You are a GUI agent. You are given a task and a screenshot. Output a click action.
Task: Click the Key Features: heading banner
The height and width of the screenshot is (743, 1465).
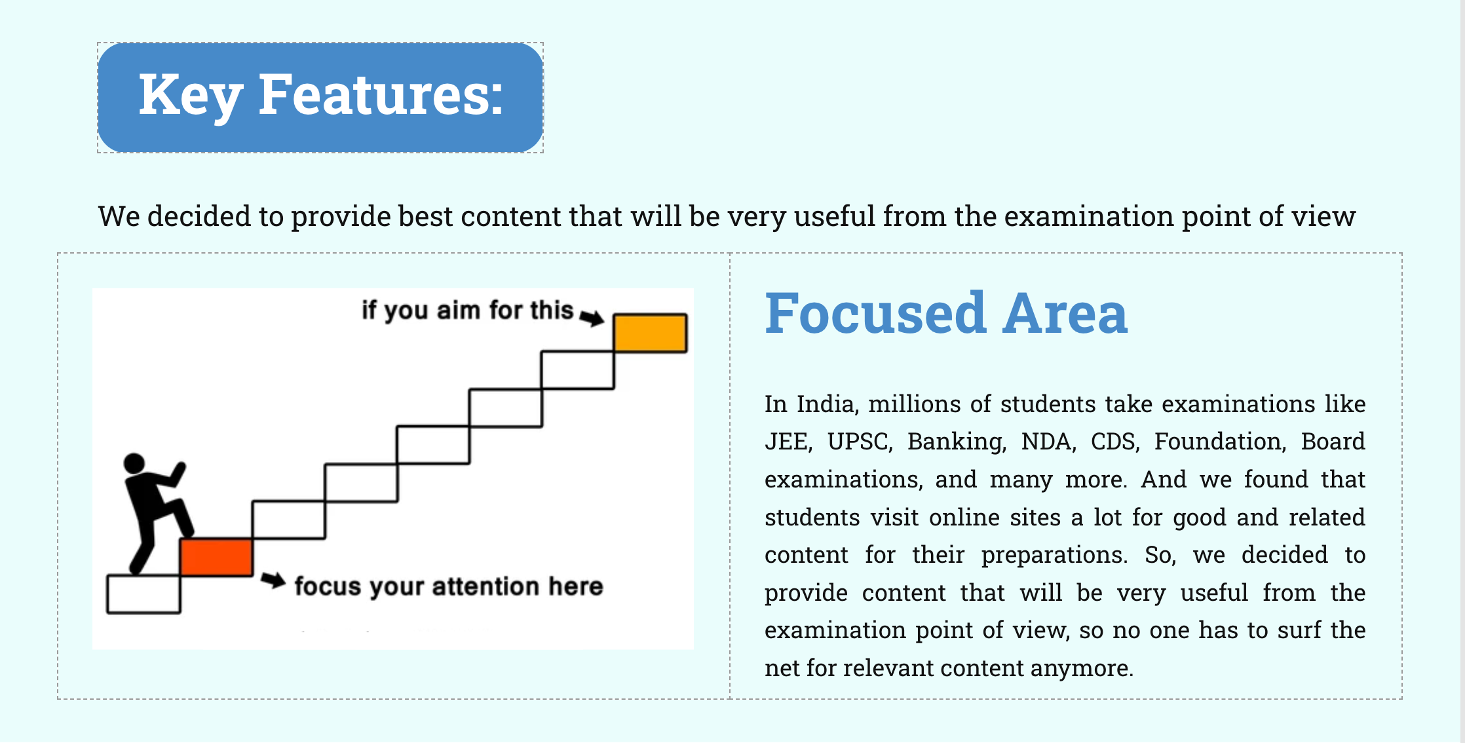tap(320, 98)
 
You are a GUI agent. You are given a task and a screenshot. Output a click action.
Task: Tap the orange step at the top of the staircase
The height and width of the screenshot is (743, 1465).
tap(650, 333)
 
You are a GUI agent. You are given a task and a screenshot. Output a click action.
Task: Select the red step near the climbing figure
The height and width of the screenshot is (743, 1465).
tap(216, 558)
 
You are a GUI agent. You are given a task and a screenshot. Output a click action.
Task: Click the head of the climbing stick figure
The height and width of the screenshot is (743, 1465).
tap(134, 463)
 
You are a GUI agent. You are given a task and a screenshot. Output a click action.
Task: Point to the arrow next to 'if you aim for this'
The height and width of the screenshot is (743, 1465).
tap(592, 318)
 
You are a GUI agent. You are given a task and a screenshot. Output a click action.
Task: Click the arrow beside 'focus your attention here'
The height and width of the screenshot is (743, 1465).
tap(273, 581)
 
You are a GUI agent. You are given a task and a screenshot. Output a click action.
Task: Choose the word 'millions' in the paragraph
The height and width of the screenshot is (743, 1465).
tap(915, 404)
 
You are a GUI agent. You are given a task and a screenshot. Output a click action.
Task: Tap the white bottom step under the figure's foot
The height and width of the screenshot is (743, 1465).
tap(143, 594)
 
